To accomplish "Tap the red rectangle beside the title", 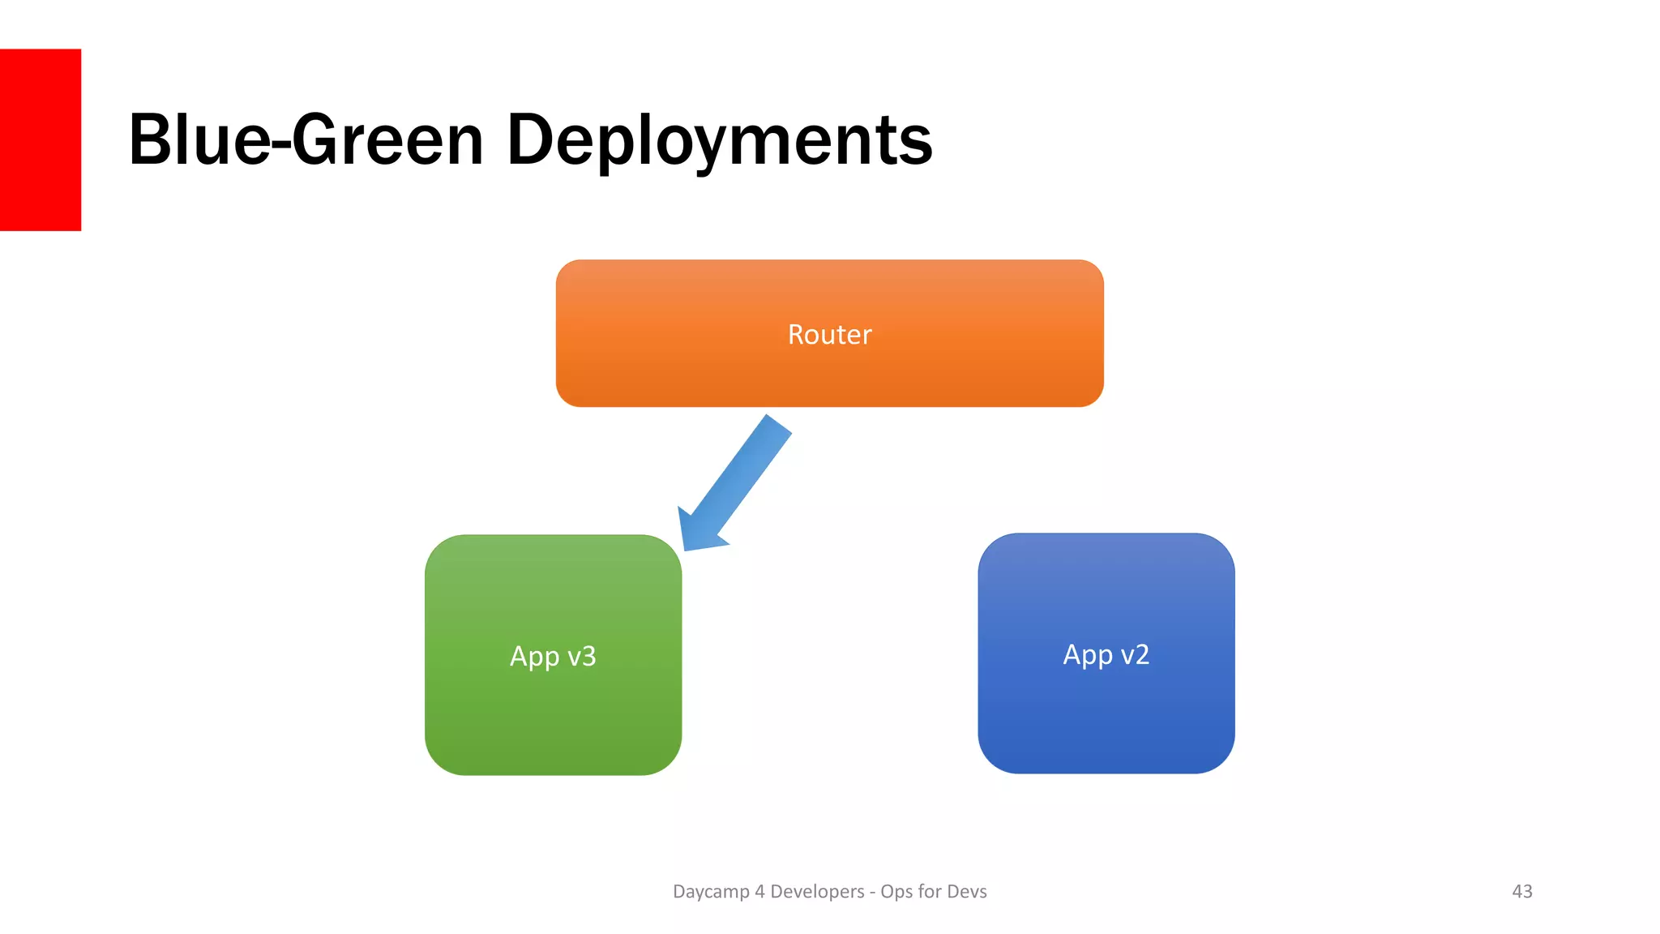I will tap(40, 139).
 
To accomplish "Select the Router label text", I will tap(829, 334).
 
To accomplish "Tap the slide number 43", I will tap(1521, 891).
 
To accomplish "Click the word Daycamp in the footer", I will tap(711, 892).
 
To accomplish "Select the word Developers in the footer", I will tap(817, 891).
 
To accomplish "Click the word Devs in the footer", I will tap(966, 891).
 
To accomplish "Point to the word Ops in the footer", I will tap(896, 892).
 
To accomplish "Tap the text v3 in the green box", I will tap(581, 656).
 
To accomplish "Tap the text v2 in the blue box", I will tap(1134, 654).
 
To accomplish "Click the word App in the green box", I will tap(534, 656).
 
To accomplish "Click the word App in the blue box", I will tap(1087, 654).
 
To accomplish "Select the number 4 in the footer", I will tap(759, 891).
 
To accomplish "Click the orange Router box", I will tap(829, 373).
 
